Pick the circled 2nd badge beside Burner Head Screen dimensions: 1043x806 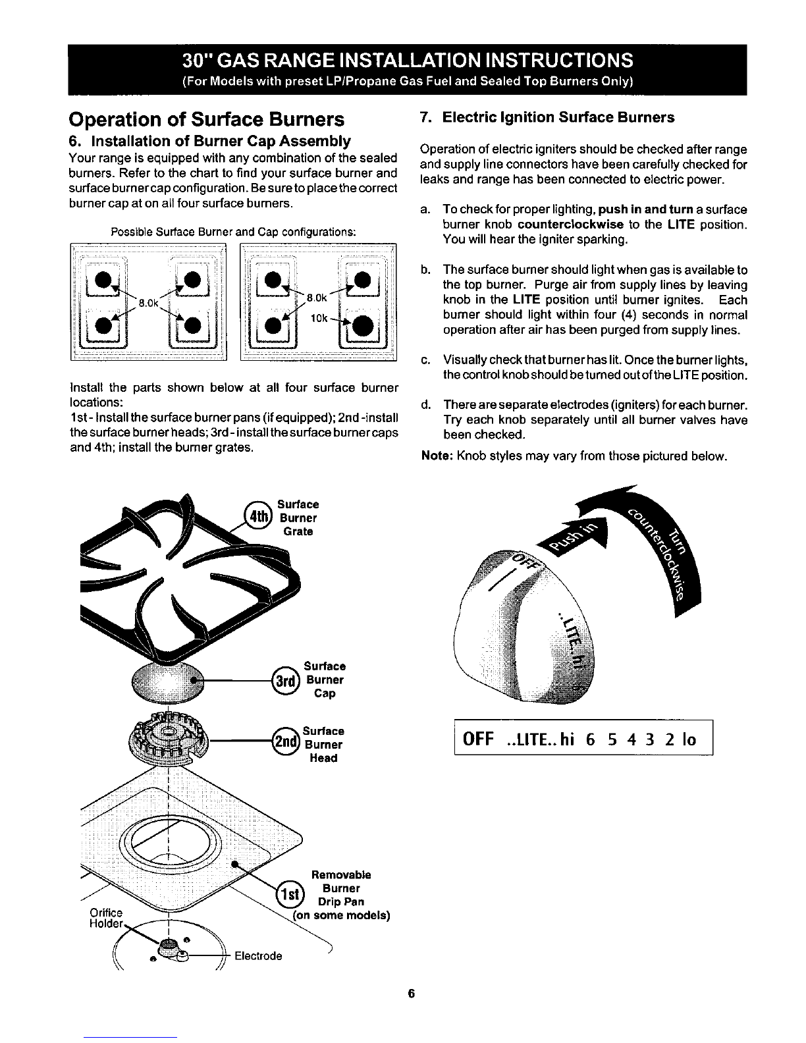287,744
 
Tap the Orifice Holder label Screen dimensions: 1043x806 106,918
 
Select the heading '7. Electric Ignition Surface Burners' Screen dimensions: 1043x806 547,117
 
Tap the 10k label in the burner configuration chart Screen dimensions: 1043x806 319,318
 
